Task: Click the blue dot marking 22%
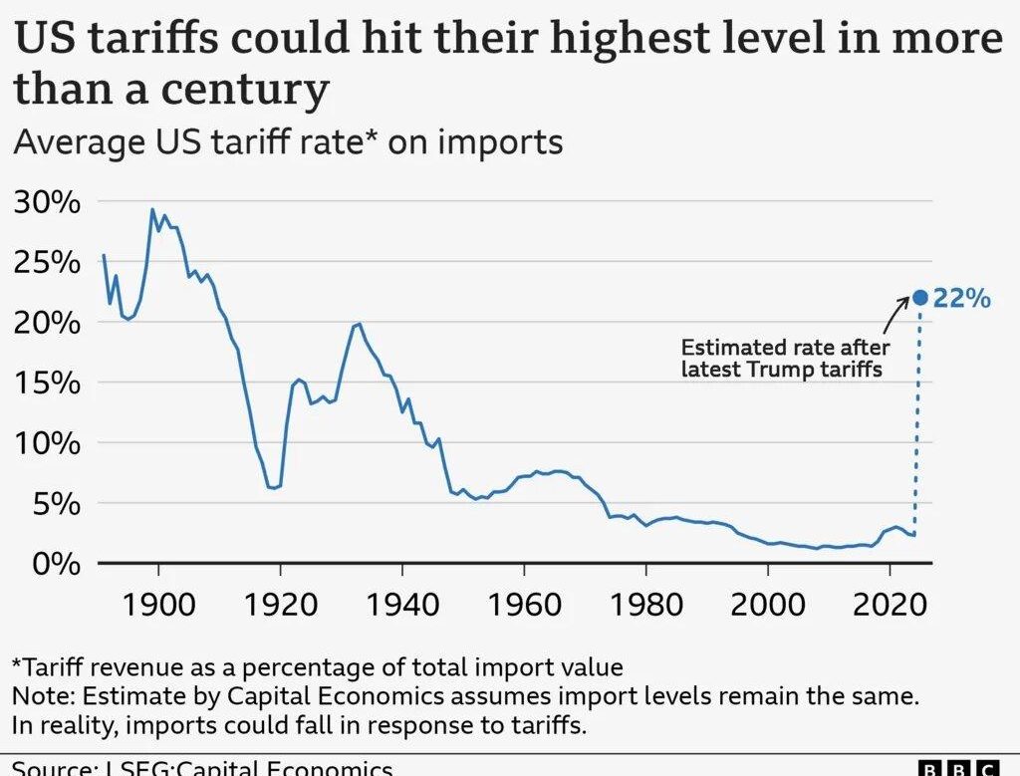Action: pos(920,297)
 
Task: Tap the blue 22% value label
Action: pos(962,298)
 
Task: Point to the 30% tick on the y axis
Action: pos(46,202)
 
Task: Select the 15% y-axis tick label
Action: pos(46,384)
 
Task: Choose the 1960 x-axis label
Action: pos(524,604)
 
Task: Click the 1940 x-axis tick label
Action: pos(402,604)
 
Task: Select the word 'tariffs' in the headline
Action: pos(146,40)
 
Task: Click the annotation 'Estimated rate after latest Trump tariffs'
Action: pos(784,360)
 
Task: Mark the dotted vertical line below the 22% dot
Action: pos(918,418)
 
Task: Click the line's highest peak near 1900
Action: pos(152,209)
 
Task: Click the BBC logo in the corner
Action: pos(957,768)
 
